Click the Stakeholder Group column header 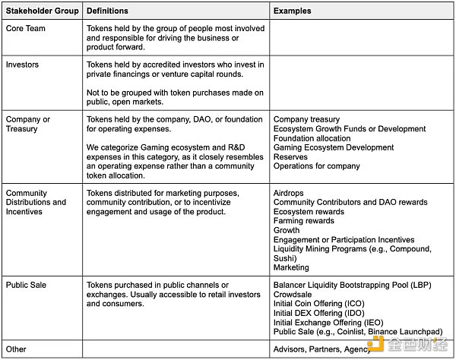click(42, 11)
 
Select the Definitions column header click(107, 11)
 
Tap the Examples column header click(292, 11)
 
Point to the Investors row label click(22, 65)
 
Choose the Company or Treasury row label click(28, 124)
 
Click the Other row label click(16, 349)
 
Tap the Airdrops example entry click(289, 193)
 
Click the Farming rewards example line click(303, 221)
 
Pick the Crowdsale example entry click(293, 295)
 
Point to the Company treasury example click(306, 119)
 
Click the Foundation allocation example click(311, 137)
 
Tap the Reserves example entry click(291, 156)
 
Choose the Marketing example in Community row click(291, 267)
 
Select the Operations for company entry click(316, 166)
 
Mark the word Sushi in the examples click(285, 258)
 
